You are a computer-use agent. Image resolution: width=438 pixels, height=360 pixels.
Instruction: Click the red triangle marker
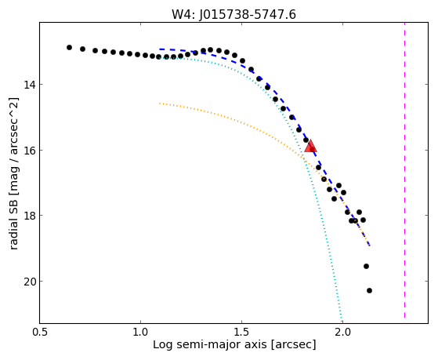[x=310, y=147]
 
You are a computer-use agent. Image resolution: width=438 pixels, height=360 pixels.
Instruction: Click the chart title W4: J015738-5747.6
[x=233, y=15]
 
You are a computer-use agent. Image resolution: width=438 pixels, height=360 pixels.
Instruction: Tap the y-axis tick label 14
[x=29, y=84]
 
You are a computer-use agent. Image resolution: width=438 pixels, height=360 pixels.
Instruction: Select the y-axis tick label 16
[x=29, y=151]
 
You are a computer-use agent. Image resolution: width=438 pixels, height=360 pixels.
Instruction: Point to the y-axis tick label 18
[x=29, y=216]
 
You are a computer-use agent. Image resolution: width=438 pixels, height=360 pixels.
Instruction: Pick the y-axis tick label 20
[x=29, y=282]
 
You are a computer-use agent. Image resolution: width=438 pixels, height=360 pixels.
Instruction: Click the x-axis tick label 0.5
[x=40, y=332]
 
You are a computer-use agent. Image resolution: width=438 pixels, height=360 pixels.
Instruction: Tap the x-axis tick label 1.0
[x=140, y=332]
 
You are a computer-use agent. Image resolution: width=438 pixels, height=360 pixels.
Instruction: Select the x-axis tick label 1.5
[x=241, y=332]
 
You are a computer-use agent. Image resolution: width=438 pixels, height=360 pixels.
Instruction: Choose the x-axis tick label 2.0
[x=342, y=332]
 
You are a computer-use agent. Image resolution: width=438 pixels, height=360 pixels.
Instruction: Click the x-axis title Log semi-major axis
[x=209, y=345]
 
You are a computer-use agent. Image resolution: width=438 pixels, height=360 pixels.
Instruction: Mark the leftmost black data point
[x=69, y=48]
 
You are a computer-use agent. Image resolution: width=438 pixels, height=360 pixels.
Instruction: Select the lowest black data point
[x=369, y=291]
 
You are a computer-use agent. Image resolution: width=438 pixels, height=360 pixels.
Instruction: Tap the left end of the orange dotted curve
[x=160, y=104]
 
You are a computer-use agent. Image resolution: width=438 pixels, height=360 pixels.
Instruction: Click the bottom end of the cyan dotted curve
[x=342, y=321]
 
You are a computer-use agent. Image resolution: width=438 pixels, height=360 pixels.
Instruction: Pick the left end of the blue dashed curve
[x=160, y=49]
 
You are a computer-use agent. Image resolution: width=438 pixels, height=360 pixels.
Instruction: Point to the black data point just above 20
[x=366, y=267]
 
